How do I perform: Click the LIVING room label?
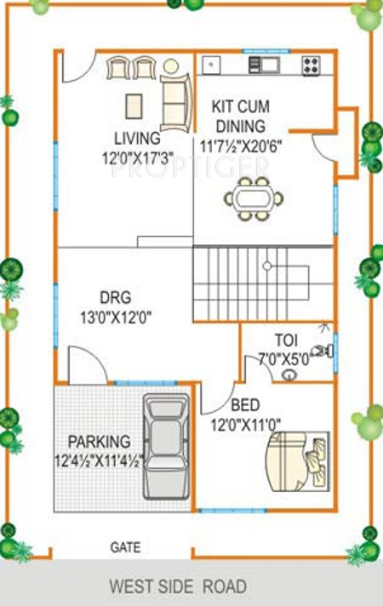pos(136,138)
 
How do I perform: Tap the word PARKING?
pos(99,442)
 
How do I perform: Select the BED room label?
pos(245,405)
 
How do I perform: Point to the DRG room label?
pos(116,298)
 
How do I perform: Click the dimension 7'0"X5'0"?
pos(284,358)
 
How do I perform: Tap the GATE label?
pos(125,548)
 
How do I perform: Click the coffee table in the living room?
pos(134,105)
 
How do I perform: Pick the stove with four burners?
pos(311,65)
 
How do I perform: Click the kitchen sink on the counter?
pos(264,65)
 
